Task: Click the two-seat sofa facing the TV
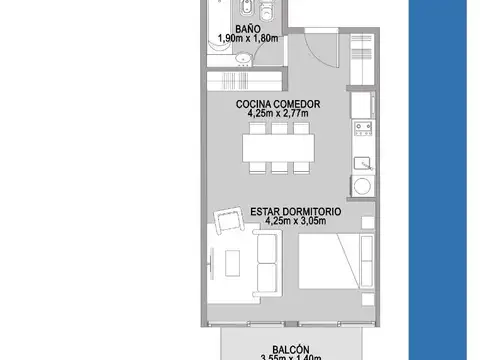click(x=267, y=261)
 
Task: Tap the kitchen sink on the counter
click(x=359, y=159)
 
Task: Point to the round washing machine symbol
click(x=359, y=186)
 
